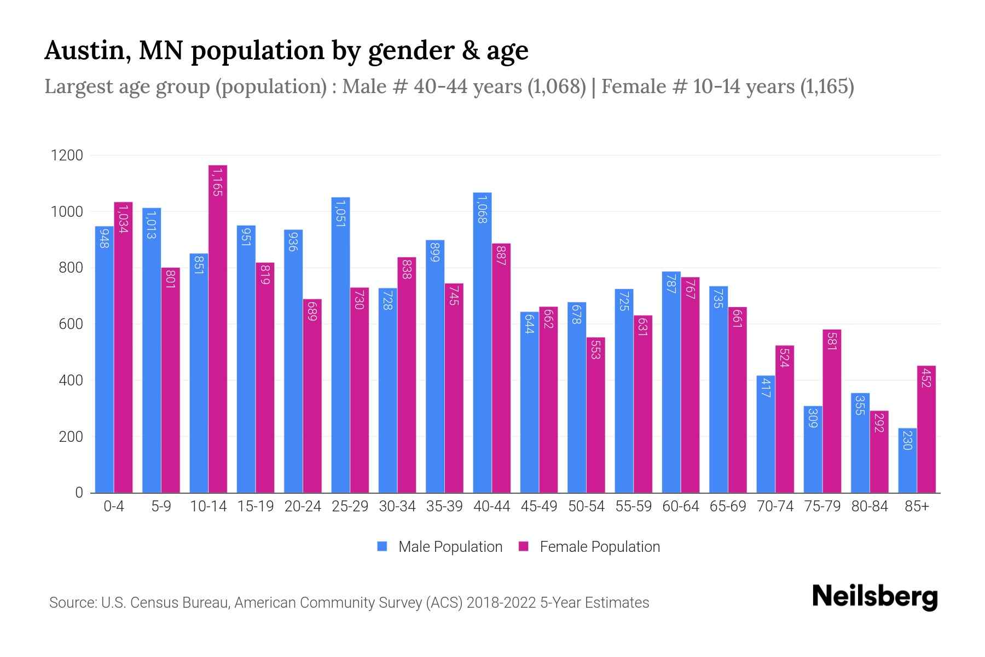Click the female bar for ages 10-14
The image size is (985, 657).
218,328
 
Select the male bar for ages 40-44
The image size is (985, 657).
482,343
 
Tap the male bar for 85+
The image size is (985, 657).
907,460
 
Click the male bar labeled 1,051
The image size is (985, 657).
340,345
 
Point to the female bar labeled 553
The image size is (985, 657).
596,415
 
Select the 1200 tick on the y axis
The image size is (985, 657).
67,155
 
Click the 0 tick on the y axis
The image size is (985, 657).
79,493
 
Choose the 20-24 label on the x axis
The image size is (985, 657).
303,506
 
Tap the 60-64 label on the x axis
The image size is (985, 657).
681,506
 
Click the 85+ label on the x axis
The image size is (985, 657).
917,506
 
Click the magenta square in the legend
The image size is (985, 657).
524,546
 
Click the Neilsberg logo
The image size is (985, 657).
874,597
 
